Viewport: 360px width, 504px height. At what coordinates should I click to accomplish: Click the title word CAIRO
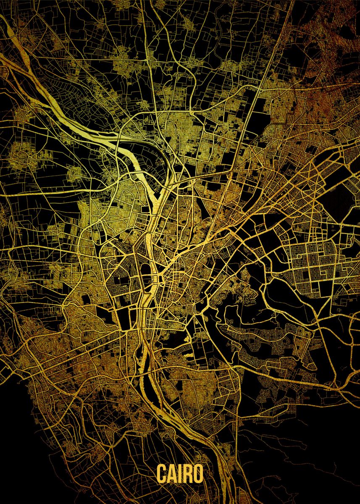point(180,474)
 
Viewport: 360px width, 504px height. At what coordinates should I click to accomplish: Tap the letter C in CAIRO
point(162,474)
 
